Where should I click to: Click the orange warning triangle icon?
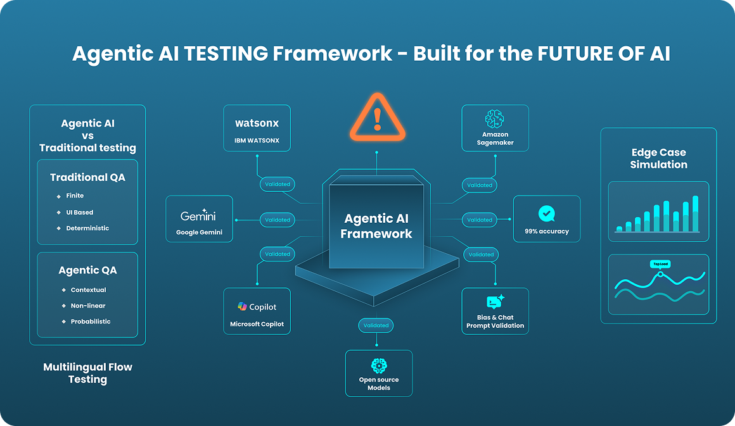pyautogui.click(x=377, y=117)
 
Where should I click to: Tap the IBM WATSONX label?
pyautogui.click(x=257, y=140)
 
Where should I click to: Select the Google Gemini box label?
pyautogui.click(x=199, y=232)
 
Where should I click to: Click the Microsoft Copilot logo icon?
pyautogui.click(x=242, y=306)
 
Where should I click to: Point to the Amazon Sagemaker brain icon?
pyautogui.click(x=495, y=120)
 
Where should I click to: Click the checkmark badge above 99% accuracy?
pyautogui.click(x=546, y=213)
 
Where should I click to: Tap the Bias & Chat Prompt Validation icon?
pyautogui.click(x=495, y=302)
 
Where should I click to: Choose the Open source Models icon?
pyautogui.click(x=378, y=365)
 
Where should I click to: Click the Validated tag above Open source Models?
pyautogui.click(x=376, y=325)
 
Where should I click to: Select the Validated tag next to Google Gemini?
pyautogui.click(x=278, y=220)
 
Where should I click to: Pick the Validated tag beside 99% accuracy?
pyautogui.click(x=480, y=220)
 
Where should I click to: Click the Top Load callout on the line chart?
pyautogui.click(x=660, y=264)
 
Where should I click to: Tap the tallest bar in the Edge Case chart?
pyautogui.click(x=695, y=213)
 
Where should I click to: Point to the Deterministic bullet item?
pyautogui.click(x=87, y=228)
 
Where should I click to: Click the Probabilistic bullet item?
pyautogui.click(x=91, y=322)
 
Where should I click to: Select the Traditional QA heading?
pyautogui.click(x=87, y=177)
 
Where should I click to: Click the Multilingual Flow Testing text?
pyautogui.click(x=87, y=373)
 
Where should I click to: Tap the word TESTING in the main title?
pyautogui.click(x=226, y=54)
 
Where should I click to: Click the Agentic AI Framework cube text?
pyautogui.click(x=376, y=226)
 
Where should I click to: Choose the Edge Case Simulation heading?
pyautogui.click(x=658, y=158)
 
